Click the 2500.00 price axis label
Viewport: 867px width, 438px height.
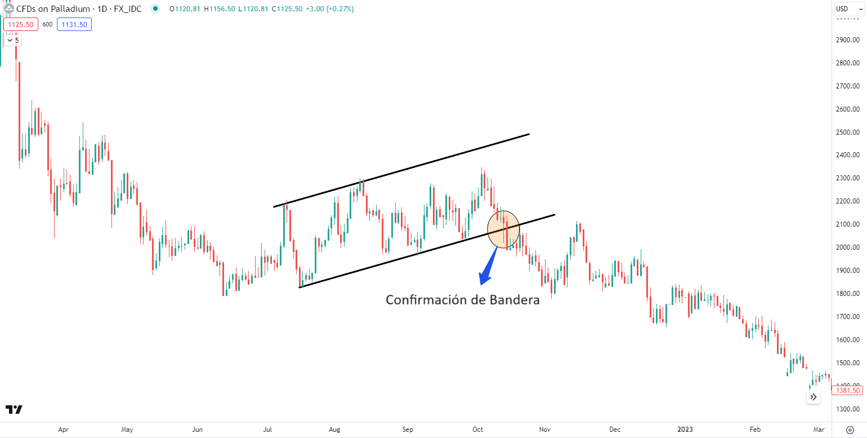[x=847, y=132]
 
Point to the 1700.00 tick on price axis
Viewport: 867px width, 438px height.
[x=847, y=317]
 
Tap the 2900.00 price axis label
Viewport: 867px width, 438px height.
[x=847, y=40]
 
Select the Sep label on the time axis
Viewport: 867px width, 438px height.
[x=408, y=429]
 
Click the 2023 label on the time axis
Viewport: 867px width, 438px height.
[x=685, y=429]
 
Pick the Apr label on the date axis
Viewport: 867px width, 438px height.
[x=63, y=429]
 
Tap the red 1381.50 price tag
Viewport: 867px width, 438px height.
[x=847, y=391]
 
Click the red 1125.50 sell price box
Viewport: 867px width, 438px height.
[x=20, y=24]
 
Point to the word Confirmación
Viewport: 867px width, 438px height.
[x=427, y=300]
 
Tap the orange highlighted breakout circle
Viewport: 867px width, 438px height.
[x=503, y=229]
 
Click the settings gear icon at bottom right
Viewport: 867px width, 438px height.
[x=850, y=429]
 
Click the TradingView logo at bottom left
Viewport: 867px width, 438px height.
[x=14, y=409]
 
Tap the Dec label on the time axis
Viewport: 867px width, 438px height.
[x=615, y=429]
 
